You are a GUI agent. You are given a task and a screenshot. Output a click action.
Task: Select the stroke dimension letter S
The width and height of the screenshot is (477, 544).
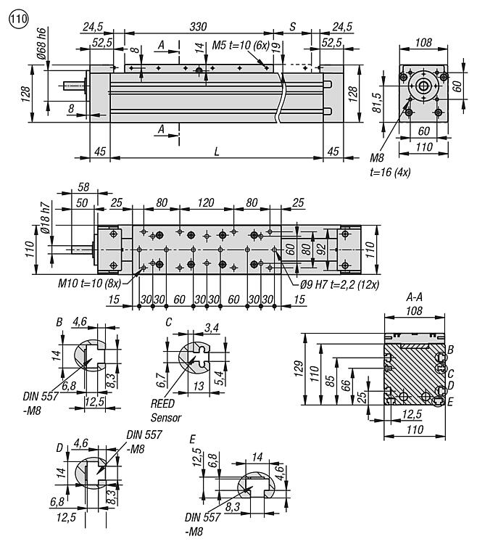click(292, 26)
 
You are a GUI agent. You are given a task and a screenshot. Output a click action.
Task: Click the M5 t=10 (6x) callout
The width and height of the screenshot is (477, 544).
click(242, 45)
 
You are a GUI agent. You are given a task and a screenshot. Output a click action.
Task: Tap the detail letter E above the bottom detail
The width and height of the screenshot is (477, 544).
click(191, 439)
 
